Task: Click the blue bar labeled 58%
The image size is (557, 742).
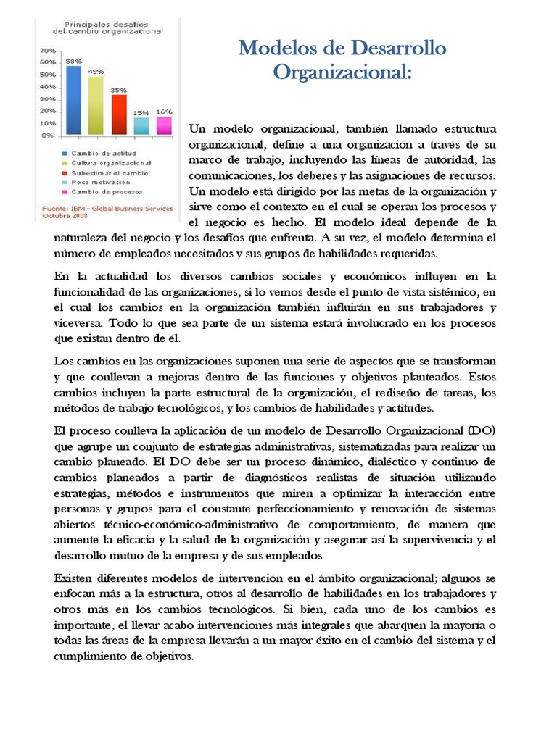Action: point(74,101)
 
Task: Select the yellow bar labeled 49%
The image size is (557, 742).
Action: point(96,106)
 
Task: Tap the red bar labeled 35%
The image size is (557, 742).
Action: point(118,114)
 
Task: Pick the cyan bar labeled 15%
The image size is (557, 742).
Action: point(141,126)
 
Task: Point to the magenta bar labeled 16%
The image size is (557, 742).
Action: point(164,125)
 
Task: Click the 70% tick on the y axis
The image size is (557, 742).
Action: point(47,51)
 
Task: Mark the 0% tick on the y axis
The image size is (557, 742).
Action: point(47,135)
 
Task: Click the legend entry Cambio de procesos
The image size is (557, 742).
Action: point(102,192)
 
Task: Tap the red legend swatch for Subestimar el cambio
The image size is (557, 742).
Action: point(65,173)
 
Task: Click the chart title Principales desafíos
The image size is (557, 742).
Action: point(109,24)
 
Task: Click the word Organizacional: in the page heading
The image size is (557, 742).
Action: point(342,73)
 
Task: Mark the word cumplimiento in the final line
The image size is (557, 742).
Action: point(90,656)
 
